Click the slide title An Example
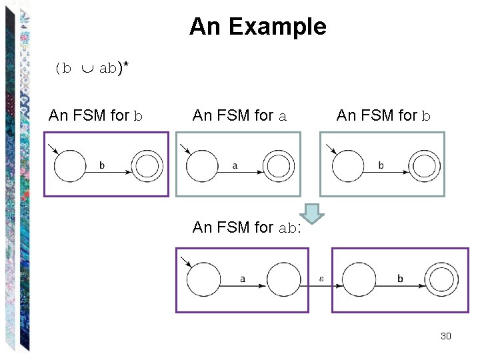click(258, 27)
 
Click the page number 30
click(446, 336)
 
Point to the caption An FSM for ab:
click(247, 227)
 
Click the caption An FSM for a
click(239, 116)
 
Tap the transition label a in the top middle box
click(235, 165)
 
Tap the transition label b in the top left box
click(101, 165)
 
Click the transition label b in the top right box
click(381, 165)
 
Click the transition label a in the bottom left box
click(242, 279)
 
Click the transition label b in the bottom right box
click(400, 279)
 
